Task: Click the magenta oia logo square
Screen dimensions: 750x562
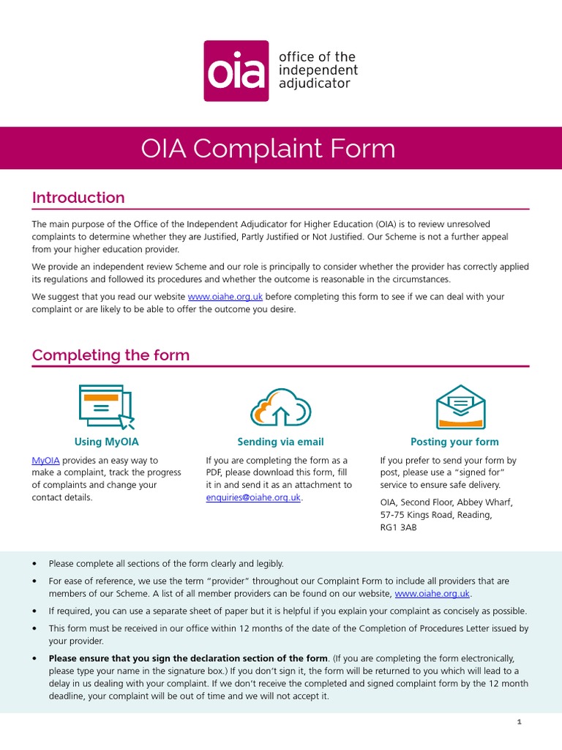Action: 236,71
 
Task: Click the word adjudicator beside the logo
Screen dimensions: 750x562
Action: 315,83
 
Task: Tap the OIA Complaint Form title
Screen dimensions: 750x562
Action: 268,149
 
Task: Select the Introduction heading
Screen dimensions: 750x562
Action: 78,198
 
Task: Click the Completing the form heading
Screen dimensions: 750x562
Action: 110,355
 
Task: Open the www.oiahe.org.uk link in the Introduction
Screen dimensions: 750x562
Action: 225,297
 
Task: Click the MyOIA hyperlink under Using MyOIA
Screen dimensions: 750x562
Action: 45,461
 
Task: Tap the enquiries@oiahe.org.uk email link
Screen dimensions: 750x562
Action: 253,497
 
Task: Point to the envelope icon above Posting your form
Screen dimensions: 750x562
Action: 460,406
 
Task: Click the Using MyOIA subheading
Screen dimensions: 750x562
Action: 106,442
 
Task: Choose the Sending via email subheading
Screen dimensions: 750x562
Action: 280,442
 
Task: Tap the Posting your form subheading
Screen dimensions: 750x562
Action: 454,442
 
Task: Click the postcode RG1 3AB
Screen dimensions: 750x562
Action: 398,527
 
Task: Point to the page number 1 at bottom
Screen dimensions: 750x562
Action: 519,722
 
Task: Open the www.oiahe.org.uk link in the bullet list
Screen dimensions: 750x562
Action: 432,594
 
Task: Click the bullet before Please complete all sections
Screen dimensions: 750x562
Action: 34,564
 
